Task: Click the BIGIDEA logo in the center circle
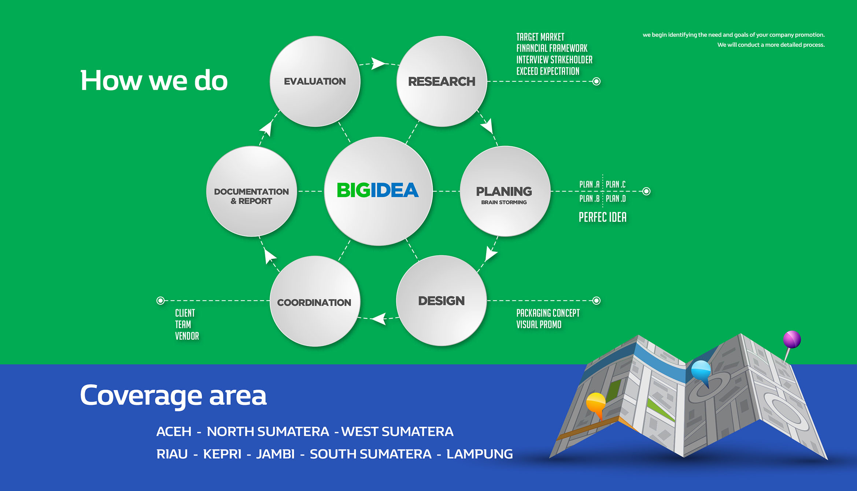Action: pos(378,190)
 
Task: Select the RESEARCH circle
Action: pos(442,81)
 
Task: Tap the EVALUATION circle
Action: pos(315,81)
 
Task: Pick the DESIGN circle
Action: pos(442,301)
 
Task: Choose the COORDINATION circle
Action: pos(315,301)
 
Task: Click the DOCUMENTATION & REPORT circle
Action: pos(252,191)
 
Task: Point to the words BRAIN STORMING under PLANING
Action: pos(504,202)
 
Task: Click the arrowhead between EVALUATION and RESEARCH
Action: pos(378,63)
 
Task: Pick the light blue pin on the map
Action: pos(701,371)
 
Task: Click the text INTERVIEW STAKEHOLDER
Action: pos(554,60)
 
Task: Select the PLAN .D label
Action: pos(616,198)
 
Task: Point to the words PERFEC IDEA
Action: pos(603,217)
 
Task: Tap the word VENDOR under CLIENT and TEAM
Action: pos(187,336)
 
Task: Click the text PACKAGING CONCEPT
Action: pos(548,313)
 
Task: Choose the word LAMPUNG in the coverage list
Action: pos(480,454)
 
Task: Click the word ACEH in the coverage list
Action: pos(174,432)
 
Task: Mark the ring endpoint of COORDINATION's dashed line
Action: pos(160,301)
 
